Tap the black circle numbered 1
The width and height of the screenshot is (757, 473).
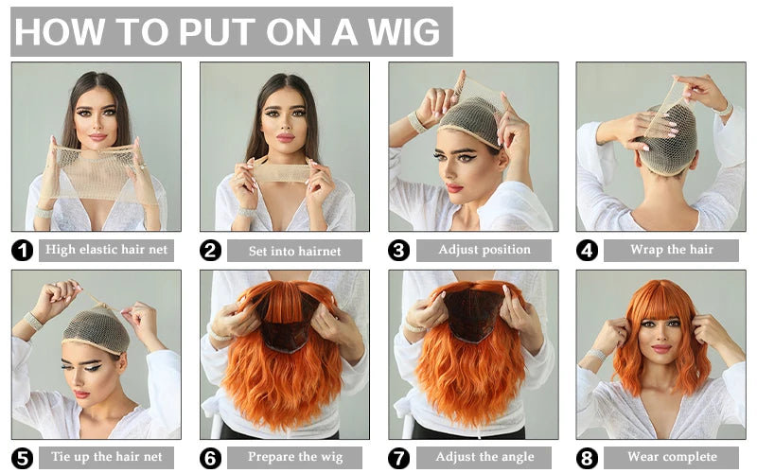tap(22, 251)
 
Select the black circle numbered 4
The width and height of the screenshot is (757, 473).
tap(587, 251)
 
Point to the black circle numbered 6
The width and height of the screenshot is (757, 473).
tap(210, 458)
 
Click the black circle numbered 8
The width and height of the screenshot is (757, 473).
tap(587, 458)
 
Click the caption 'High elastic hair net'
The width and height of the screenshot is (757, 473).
tap(106, 250)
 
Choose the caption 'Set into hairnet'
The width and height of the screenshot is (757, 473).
tap(294, 251)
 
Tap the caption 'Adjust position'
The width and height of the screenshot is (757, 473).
tap(484, 250)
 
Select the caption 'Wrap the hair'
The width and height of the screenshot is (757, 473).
tap(672, 250)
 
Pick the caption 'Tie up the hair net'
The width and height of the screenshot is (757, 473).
tap(107, 457)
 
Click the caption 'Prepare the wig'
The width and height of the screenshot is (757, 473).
tap(295, 457)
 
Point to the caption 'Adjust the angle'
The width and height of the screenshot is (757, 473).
tap(484, 457)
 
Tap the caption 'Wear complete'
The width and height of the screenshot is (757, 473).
tap(672, 457)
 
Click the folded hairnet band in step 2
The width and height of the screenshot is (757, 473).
tap(282, 173)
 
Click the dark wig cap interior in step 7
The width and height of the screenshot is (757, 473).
tap(473, 314)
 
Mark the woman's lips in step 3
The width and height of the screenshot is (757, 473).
tap(454, 188)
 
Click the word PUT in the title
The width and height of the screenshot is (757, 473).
tap(217, 32)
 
